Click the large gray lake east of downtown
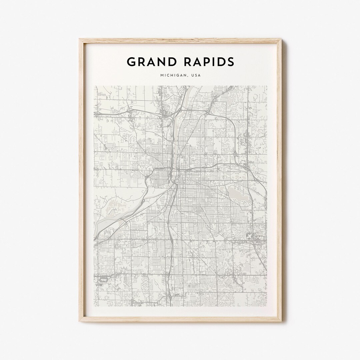[238, 193]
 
